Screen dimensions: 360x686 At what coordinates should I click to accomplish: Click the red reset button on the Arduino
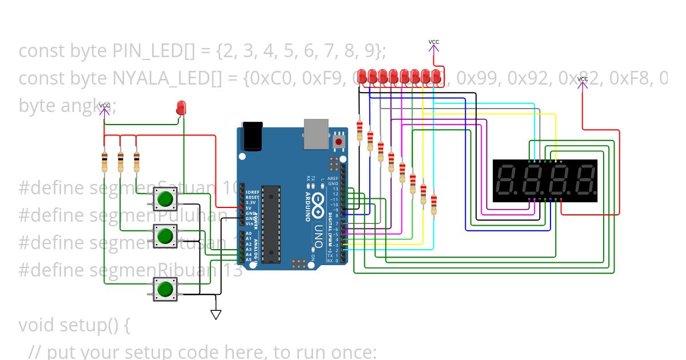pyautogui.click(x=339, y=141)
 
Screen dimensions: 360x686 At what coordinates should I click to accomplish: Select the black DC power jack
pyautogui.click(x=252, y=136)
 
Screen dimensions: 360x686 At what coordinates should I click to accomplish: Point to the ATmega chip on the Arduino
pyautogui.click(x=272, y=224)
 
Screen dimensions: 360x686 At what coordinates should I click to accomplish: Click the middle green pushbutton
pyautogui.click(x=165, y=235)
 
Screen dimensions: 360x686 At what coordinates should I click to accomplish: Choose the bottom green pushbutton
pyautogui.click(x=165, y=289)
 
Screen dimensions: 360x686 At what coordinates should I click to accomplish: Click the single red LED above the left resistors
pyautogui.click(x=181, y=107)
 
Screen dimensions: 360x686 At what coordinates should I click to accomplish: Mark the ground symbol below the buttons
pyautogui.click(x=216, y=314)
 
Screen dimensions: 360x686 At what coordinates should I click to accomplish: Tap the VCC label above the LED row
pyautogui.click(x=434, y=42)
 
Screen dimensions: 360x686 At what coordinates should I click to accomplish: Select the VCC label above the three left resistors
pyautogui.click(x=104, y=106)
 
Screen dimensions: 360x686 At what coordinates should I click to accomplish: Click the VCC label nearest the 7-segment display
pyautogui.click(x=582, y=79)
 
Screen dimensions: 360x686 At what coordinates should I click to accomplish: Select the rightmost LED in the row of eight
pyautogui.click(x=437, y=76)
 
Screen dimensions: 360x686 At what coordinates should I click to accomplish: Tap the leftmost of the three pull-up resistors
pyautogui.click(x=104, y=162)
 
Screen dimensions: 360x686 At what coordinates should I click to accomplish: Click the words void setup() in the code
pyautogui.click(x=74, y=325)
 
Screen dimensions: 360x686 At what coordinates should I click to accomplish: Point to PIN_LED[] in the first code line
pyautogui.click(x=154, y=51)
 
